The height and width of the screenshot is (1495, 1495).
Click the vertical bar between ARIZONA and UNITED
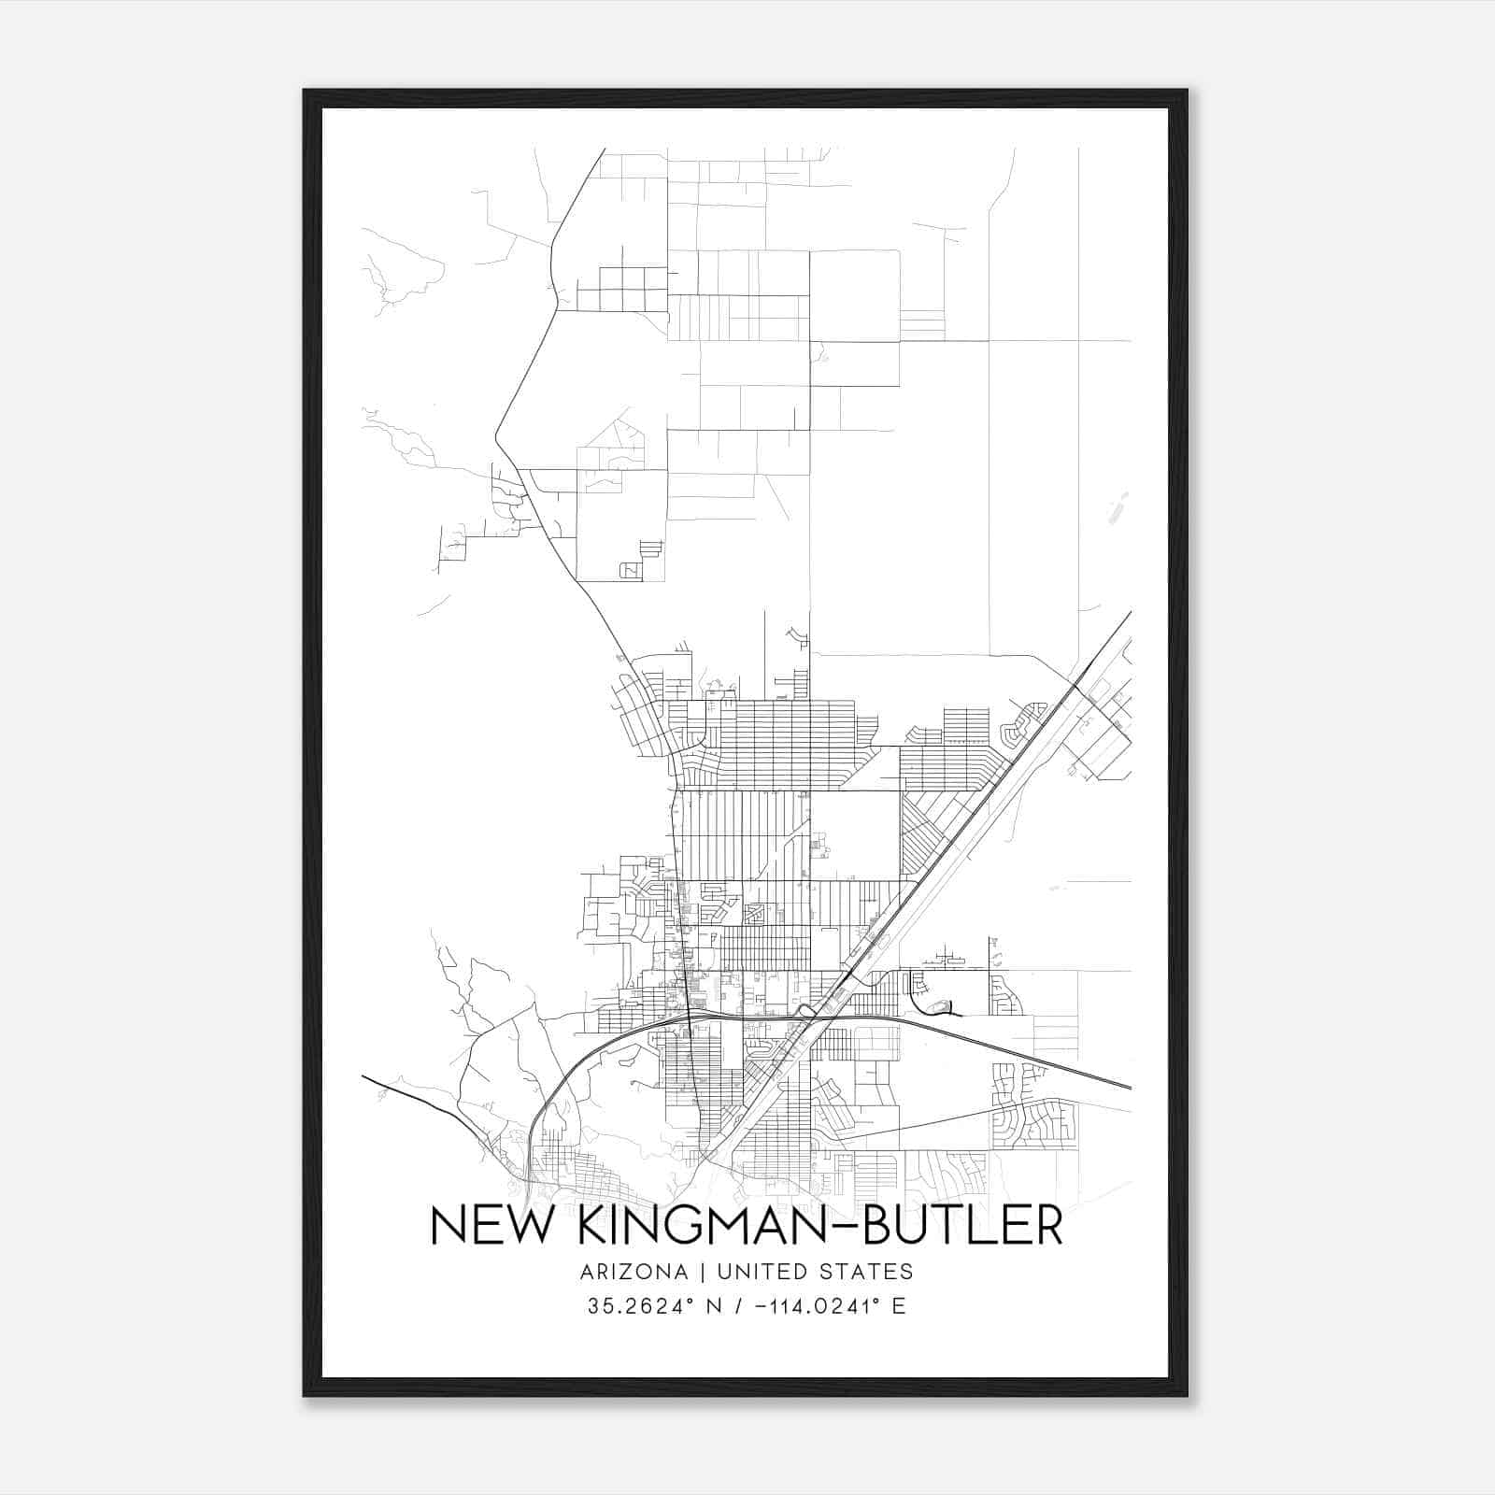(x=700, y=1272)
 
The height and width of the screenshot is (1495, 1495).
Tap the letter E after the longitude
(x=898, y=1306)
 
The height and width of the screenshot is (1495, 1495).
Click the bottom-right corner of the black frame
(x=1187, y=1395)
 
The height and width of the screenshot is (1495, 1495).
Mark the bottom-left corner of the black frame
(x=305, y=1395)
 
